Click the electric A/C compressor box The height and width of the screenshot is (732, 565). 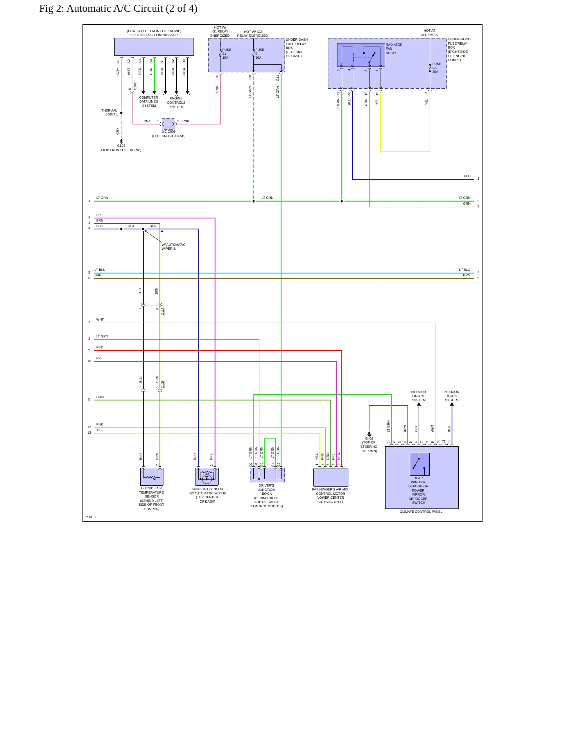tap(154, 47)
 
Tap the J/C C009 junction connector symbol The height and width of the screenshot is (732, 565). tap(168, 124)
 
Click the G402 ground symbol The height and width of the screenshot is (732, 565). tap(369, 434)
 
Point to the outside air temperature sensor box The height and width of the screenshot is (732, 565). tap(152, 477)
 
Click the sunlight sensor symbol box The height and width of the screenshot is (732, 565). tap(207, 477)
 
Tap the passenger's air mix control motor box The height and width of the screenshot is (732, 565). tap(331, 478)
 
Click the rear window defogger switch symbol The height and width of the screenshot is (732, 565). tap(420, 464)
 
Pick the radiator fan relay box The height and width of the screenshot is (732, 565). tap(361, 55)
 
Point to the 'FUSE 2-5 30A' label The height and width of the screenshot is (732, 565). tap(437, 68)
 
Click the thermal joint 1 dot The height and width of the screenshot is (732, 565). tap(121, 113)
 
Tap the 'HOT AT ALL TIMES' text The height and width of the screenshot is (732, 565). tap(429, 33)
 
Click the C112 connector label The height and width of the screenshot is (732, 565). tap(163, 312)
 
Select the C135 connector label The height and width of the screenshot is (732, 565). tap(163, 384)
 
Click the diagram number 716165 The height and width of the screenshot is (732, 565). tap(91, 517)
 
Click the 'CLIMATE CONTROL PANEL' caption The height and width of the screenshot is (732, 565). tap(421, 512)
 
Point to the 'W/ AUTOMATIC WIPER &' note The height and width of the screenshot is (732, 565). tap(174, 247)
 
